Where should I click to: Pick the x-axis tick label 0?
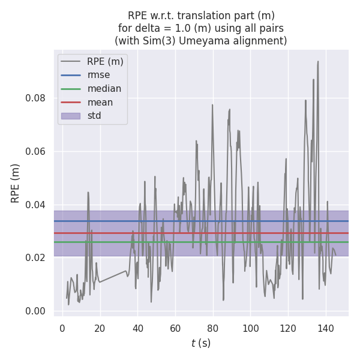[x=62, y=328]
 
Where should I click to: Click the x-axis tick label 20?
[x=100, y=328]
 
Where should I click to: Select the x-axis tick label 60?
[x=175, y=328]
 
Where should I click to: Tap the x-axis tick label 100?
[x=251, y=328]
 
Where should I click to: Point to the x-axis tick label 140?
[x=326, y=328]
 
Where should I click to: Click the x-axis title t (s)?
[x=201, y=343]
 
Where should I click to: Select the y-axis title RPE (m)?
[x=16, y=183]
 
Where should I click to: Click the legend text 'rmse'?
[x=98, y=75]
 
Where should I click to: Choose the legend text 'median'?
[x=104, y=89]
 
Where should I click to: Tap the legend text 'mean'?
[x=100, y=102]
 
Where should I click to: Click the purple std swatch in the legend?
[x=71, y=115]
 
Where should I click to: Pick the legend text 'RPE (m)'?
[x=105, y=61]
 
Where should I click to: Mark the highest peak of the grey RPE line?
[x=318, y=61]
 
